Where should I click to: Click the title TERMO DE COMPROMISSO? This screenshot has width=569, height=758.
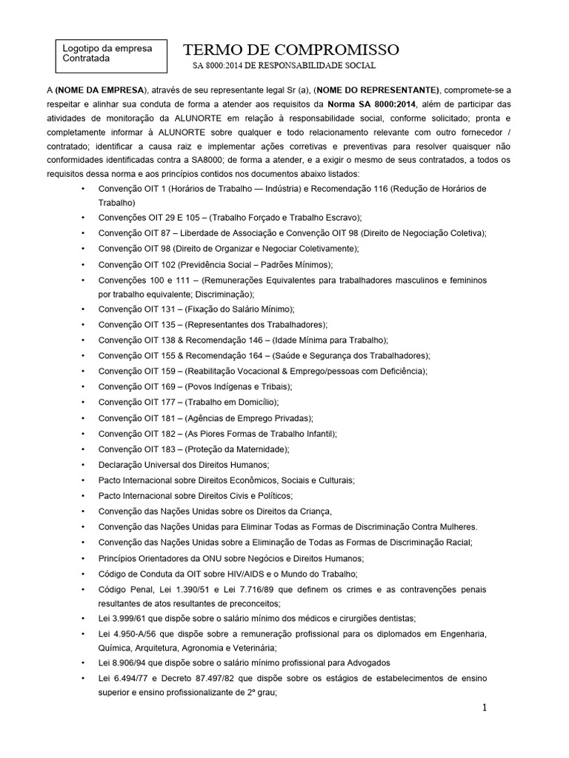pos(291,50)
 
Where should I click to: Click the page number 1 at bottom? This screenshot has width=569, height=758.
pos(485,708)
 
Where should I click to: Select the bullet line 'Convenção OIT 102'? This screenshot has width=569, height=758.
pos(216,264)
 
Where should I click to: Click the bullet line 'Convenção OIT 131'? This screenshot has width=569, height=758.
pos(196,309)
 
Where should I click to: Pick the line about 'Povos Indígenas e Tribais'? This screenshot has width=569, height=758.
pos(195,386)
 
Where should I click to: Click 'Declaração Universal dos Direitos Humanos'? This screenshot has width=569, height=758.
pos(184,464)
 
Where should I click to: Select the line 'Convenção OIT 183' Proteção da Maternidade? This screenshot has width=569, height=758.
pos(193,449)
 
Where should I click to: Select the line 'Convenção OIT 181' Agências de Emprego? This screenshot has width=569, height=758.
pos(205,417)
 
